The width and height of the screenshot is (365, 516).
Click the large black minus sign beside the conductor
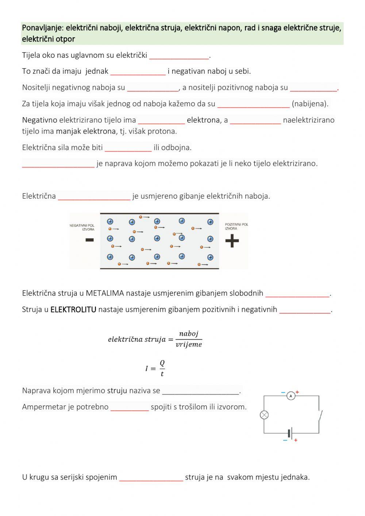89,240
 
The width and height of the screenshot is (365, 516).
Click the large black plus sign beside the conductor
232,241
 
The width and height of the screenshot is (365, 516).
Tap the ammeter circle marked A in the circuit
291,395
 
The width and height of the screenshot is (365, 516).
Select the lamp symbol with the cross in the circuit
264,415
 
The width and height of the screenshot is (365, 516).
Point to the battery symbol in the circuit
290,433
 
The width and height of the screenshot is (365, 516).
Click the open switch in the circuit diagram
320,415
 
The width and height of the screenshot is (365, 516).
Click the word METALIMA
105,293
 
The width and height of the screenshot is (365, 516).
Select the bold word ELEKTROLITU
73,310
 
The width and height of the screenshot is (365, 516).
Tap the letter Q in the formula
162,363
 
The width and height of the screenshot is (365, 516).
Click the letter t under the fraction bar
162,374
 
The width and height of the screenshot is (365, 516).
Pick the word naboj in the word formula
189,333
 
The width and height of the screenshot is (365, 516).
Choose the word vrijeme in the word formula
189,344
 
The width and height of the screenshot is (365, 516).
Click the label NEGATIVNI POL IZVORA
82,227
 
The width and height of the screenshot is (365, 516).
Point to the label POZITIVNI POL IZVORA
236,226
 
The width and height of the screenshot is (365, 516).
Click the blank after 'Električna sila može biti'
128,148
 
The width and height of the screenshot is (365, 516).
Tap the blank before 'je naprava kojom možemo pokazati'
58,164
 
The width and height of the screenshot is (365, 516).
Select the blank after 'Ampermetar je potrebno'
130,407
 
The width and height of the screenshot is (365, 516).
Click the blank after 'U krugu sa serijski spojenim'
151,477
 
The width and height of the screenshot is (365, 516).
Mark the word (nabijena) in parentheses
310,104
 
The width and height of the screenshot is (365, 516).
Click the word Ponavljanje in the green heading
42,28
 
